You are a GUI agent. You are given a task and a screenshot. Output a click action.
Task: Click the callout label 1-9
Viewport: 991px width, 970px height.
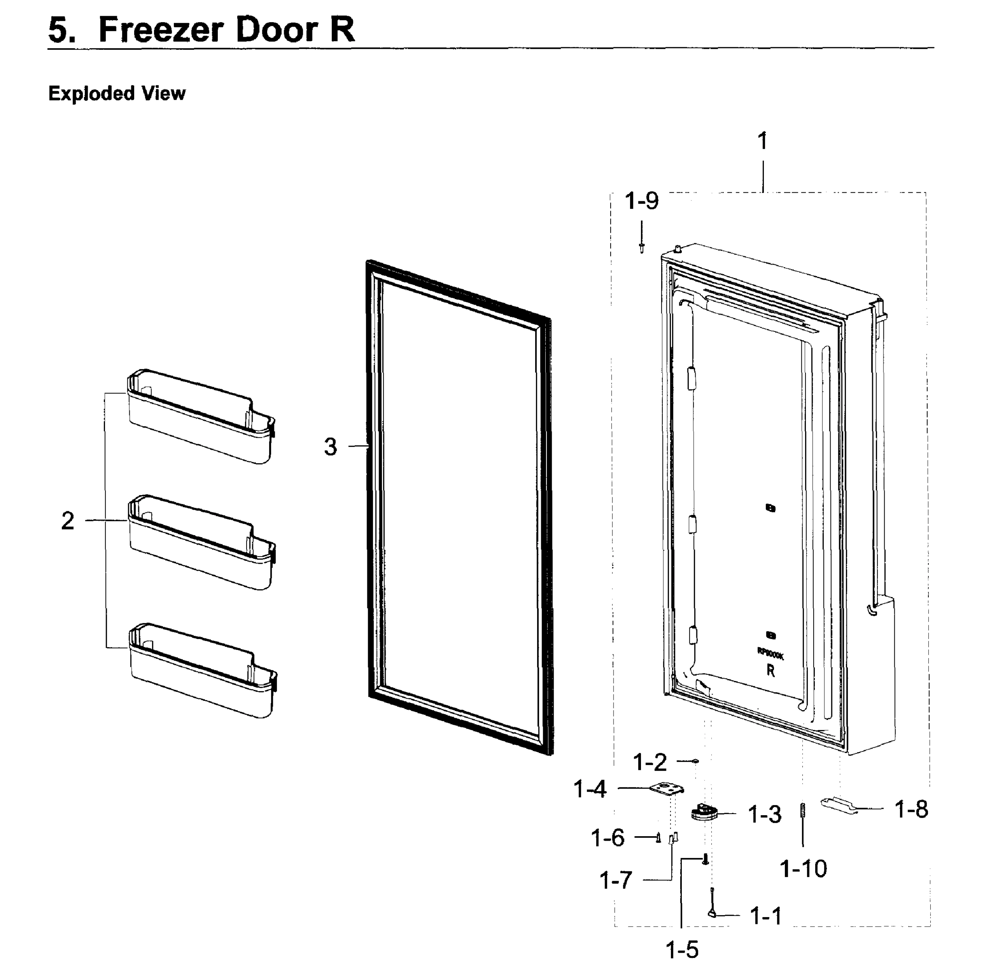pyautogui.click(x=641, y=201)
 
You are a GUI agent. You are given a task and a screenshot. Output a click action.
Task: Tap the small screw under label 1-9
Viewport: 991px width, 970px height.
pyautogui.click(x=642, y=248)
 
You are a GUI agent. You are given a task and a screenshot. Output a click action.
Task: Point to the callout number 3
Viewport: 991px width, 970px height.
pyautogui.click(x=330, y=447)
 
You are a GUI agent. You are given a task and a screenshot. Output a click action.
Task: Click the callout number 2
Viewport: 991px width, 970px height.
pyautogui.click(x=68, y=521)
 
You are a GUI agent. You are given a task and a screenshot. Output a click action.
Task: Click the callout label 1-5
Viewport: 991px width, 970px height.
pyautogui.click(x=682, y=950)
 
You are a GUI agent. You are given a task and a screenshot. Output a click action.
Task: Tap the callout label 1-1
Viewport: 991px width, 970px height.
pyautogui.click(x=766, y=916)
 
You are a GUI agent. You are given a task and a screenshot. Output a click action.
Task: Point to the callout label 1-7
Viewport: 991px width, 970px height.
pyautogui.click(x=616, y=880)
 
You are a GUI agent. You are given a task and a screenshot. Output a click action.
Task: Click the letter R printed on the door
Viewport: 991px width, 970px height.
pyautogui.click(x=770, y=671)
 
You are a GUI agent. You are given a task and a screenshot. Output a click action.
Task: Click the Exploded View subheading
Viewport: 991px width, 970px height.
pyautogui.click(x=117, y=94)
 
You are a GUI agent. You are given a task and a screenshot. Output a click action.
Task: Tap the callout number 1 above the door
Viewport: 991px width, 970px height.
pyautogui.click(x=762, y=141)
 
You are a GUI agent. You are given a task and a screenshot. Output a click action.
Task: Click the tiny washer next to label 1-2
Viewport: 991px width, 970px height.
pyautogui.click(x=696, y=761)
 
